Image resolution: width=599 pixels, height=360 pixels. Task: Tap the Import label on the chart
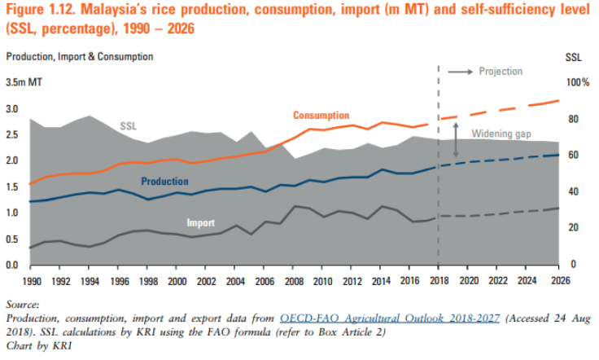coord(201,222)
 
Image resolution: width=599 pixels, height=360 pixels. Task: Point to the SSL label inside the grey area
coord(129,126)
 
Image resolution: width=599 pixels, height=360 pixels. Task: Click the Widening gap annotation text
coord(504,133)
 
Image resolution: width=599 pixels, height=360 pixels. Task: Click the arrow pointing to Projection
coord(461,72)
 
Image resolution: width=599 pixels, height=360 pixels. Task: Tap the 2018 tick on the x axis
coord(439,281)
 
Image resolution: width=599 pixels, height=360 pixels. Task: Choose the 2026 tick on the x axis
coord(558,281)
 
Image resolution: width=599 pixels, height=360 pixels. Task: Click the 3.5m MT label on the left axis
coord(25,83)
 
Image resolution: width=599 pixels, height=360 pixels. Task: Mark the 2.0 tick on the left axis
coord(12,160)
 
